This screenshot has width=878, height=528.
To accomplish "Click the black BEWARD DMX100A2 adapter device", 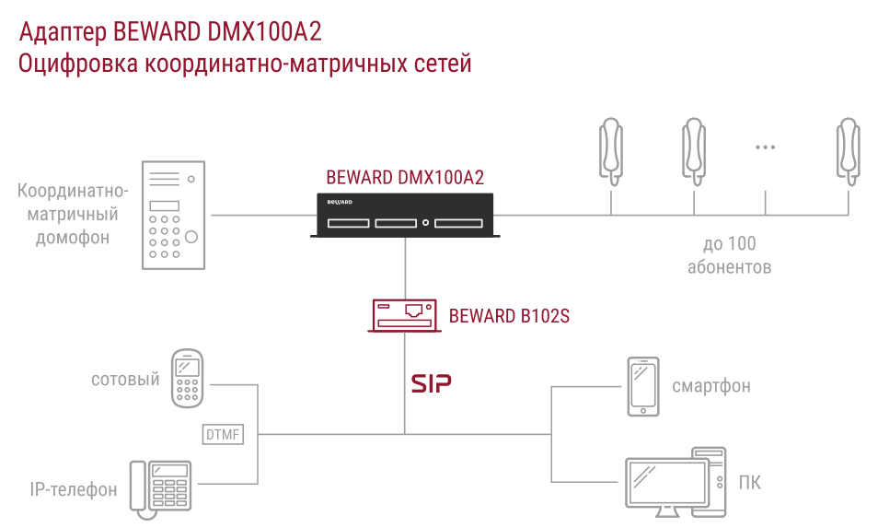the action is coord(405,216).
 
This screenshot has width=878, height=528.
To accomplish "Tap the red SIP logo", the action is coord(431,383).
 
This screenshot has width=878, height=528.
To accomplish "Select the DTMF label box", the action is coord(223,434).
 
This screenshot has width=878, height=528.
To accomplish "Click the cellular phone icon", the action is coord(187,379).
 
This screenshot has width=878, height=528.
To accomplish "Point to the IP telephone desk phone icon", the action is coord(161,488).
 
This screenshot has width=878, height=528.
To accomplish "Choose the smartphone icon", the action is coord(642,387).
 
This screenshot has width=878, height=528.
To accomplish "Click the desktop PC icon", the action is coord(676,482).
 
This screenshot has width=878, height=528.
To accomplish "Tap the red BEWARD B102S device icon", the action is coord(404,315).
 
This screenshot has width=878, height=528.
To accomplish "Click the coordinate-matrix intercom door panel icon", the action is coord(173,216).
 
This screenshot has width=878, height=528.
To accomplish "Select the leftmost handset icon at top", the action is coord(611,151).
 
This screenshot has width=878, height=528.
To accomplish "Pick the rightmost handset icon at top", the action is coord(849,151).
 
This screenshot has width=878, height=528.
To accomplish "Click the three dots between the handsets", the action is coord(765,147).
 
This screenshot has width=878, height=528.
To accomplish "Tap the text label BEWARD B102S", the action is coord(509,316).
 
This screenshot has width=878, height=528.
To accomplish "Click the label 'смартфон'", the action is coord(711,386).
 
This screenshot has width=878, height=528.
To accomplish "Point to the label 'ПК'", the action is coord(750,483).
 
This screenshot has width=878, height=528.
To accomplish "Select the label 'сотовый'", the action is coord(125,380).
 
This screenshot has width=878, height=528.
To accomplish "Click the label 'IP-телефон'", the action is coord(74,490).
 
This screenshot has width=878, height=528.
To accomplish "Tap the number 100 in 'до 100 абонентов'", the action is coord(743,244).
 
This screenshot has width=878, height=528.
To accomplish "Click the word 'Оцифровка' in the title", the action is coord(78,64).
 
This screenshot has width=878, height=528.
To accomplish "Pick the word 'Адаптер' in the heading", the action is coord(63,33).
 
